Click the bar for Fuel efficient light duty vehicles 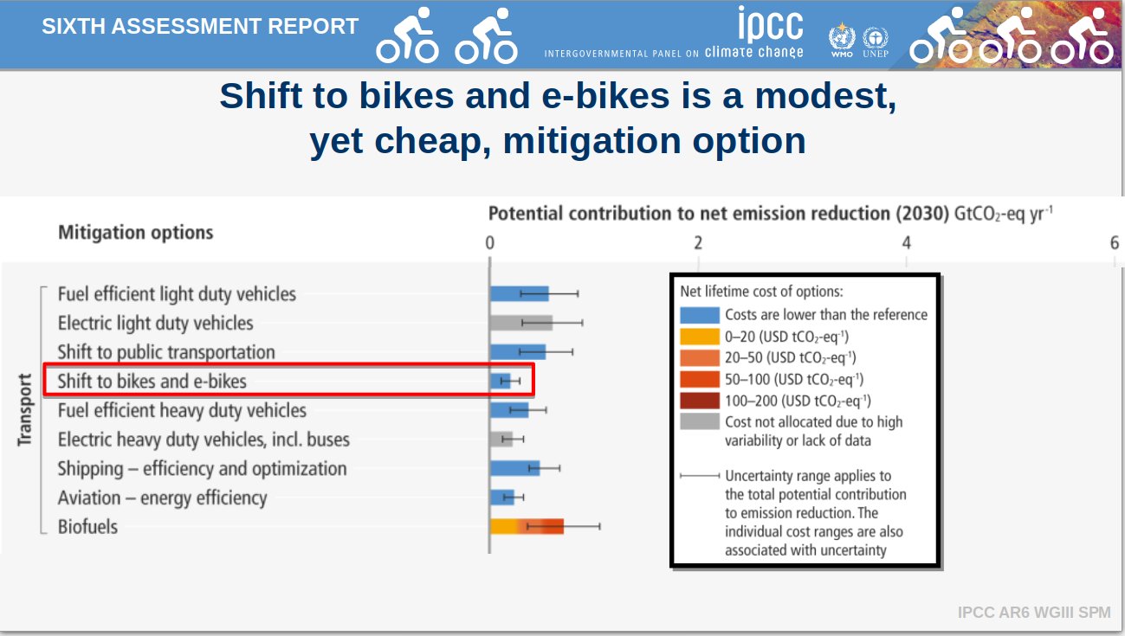coord(519,293)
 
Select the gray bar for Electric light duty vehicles coord(520,323)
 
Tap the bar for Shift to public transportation coord(517,351)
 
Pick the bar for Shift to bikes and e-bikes coord(500,381)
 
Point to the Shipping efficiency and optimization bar coord(514,468)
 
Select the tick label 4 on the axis coord(907,243)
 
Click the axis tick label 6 coord(1115,243)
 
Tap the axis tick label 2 coord(698,243)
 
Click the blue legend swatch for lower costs coord(699,315)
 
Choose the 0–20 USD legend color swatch coord(699,337)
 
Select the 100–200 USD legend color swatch coord(699,401)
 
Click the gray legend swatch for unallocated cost coord(699,422)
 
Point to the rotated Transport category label coord(24,409)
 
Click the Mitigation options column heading coord(135,233)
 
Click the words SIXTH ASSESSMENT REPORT coord(200,26)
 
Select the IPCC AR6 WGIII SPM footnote coord(1033,613)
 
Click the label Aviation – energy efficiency coord(162,498)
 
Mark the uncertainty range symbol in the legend coord(700,476)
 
